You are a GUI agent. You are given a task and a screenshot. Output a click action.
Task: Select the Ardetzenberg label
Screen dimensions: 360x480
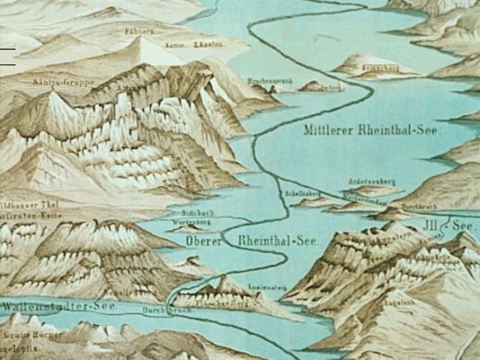click(372, 182)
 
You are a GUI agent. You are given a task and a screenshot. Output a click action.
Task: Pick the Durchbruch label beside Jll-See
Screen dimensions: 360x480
click(415, 207)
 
